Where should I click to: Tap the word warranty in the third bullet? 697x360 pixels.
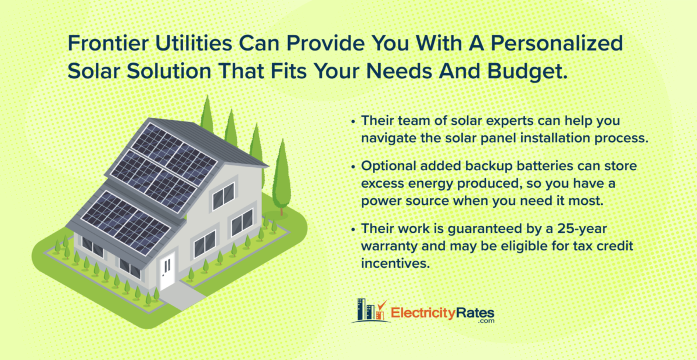click(x=388, y=246)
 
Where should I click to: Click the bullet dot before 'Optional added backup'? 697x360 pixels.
click(x=354, y=167)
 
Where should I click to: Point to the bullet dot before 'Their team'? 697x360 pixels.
click(x=354, y=122)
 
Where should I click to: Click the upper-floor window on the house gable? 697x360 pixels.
click(x=223, y=196)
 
